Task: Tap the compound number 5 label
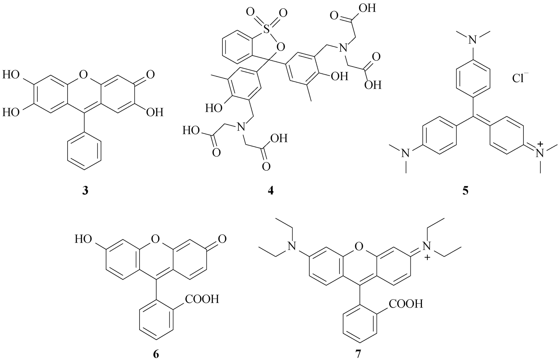coord(466,191)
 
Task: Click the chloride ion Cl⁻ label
coord(520,78)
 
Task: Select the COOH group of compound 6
coord(202,299)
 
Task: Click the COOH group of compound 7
coord(406,303)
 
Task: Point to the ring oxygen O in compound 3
coord(84,75)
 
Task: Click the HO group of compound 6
coord(82,239)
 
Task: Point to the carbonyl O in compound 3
coord(150,75)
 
